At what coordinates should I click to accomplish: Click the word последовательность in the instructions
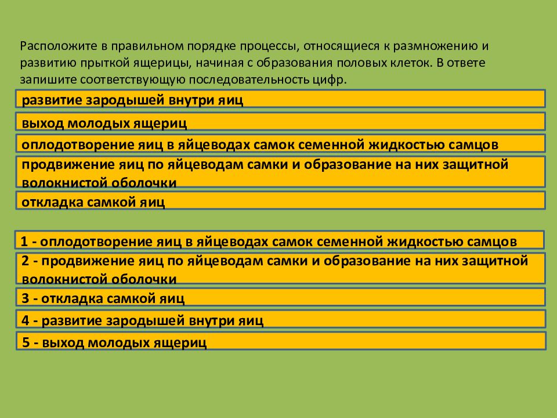pos(243,80)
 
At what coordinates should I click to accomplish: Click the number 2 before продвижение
pos(25,261)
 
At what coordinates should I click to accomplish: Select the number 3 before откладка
pos(25,299)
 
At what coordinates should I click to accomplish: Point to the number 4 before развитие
pos(25,320)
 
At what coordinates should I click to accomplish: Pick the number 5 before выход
pos(25,342)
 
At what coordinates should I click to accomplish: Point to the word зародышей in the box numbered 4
pos(139,320)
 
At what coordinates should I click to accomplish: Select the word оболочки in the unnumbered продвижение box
pos(144,182)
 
